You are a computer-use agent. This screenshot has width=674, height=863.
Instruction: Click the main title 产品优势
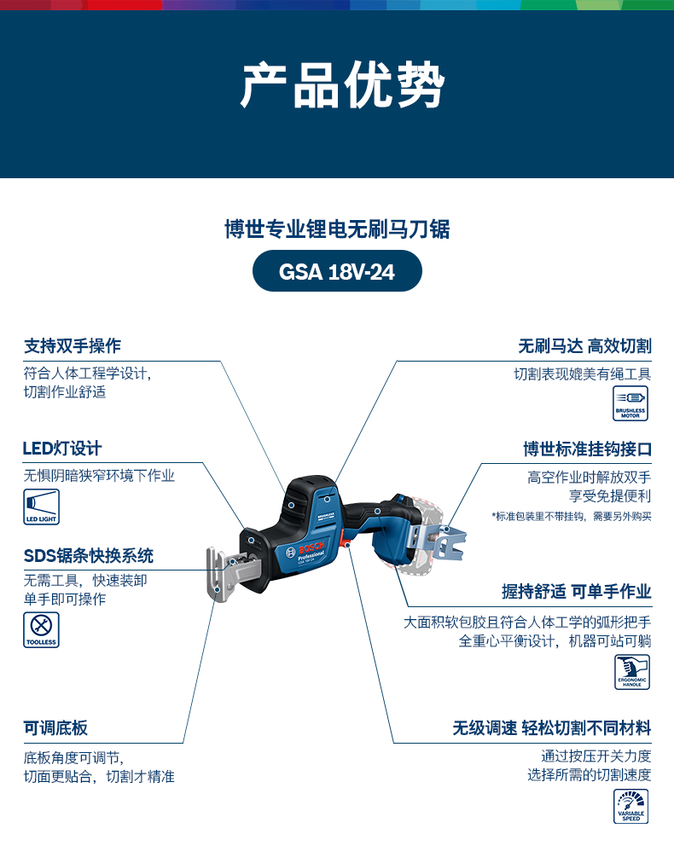pos(342,85)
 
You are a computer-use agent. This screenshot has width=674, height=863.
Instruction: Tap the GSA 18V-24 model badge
pos(337,271)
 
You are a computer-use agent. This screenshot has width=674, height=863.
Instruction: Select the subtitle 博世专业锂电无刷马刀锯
pos(337,229)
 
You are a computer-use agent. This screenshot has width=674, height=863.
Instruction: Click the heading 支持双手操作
pos(73,345)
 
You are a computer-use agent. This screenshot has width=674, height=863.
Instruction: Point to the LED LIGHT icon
pos(41,507)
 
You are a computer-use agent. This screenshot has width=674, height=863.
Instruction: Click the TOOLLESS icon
pos(41,629)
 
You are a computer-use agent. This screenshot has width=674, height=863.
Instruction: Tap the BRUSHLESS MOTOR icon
pos(630,403)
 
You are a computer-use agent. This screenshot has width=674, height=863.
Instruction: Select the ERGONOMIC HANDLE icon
pos(632,672)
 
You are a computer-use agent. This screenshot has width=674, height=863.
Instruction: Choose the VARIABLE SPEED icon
pos(631,807)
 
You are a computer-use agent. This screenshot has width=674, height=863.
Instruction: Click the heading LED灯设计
pos(62,449)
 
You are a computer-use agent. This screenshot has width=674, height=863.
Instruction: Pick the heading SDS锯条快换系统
pos(89,556)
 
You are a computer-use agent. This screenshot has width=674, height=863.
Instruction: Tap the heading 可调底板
pos(55,728)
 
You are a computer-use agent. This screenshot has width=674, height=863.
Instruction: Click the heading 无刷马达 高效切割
pos(584,346)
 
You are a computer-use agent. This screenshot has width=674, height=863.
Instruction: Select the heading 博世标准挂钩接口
pos(588,449)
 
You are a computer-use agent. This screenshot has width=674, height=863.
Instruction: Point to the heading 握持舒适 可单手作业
pos(577,592)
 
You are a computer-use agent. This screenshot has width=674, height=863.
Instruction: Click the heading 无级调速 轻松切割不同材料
pos(552,728)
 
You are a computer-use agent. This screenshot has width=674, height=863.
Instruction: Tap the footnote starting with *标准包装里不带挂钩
pos(572,516)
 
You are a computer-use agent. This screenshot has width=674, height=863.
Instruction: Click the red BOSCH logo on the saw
pos(311,547)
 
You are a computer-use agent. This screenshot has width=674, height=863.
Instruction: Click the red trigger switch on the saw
pos(346,538)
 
